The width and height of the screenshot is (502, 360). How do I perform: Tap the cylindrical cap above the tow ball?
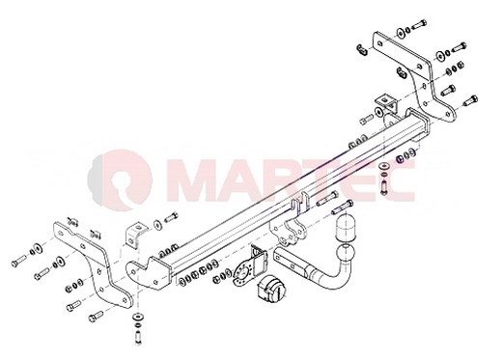tap(347, 228)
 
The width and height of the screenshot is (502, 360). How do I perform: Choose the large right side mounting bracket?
tap(414, 76)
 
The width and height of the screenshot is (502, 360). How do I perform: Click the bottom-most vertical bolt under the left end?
tap(138, 337)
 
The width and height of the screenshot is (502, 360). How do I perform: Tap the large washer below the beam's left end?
tap(138, 318)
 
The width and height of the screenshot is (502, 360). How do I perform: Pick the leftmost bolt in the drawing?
tap(19, 261)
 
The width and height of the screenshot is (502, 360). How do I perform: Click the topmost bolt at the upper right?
tap(418, 25)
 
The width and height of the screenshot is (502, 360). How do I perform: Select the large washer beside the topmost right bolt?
tap(401, 33)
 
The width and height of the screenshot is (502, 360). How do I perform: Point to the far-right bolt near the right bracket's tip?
tap(470, 100)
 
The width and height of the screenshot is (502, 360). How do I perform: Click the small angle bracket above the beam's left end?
tap(135, 235)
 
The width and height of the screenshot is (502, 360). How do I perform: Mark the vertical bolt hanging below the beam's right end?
tap(383, 187)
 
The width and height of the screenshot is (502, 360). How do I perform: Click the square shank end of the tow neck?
tap(289, 260)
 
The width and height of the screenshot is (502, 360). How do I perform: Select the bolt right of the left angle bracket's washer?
tap(171, 217)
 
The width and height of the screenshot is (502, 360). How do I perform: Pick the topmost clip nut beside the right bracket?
tap(361, 49)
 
